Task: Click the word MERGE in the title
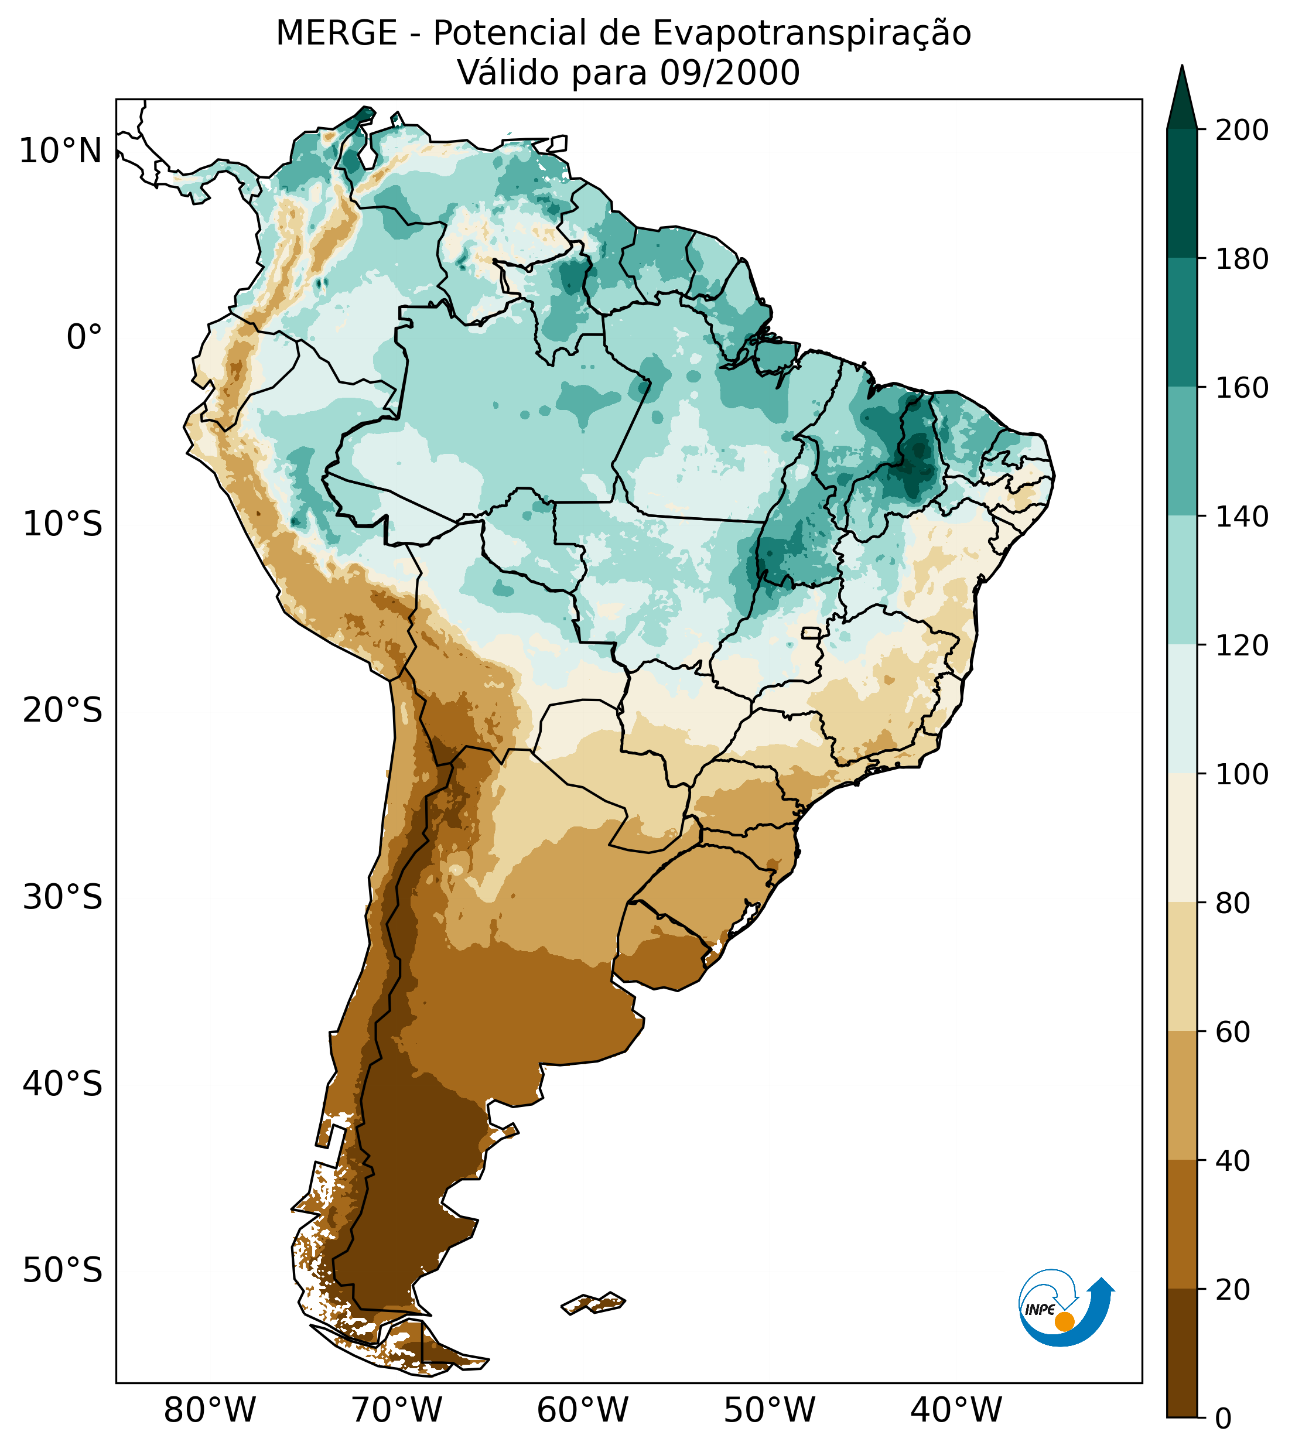pos(336,33)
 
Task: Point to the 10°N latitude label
pos(61,152)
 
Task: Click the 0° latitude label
pos(84,337)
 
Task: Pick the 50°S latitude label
pos(63,1271)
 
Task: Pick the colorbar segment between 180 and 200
pos(1182,193)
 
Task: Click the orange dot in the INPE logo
pos(1064,1321)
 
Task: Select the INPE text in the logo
pos(1040,1310)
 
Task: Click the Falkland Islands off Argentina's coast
pos(594,1303)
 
